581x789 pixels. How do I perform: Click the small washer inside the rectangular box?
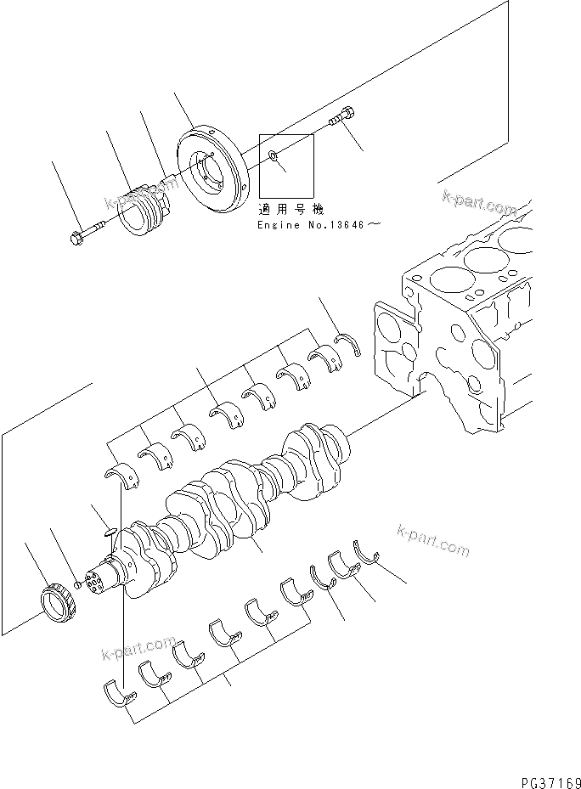[x=273, y=156]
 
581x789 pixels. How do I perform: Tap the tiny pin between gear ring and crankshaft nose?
[x=77, y=584]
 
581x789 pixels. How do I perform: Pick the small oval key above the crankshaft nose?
[x=105, y=533]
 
